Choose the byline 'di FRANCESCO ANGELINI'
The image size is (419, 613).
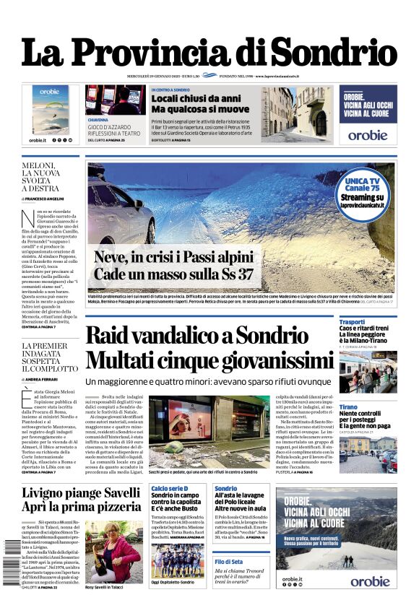45,198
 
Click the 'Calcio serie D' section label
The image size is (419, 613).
170,489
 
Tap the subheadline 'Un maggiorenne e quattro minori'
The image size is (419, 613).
213,381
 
